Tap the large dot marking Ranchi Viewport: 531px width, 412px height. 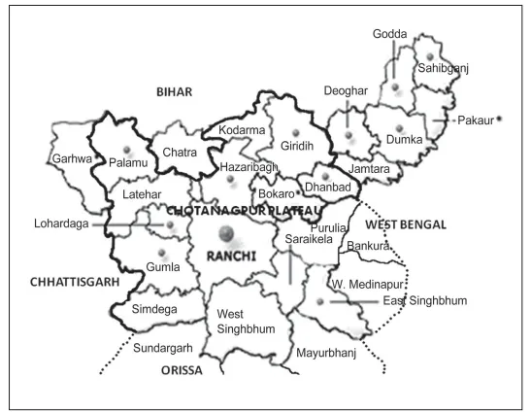tap(226, 233)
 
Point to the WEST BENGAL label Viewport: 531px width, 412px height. tap(405, 224)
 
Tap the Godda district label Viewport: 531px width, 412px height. tap(390, 35)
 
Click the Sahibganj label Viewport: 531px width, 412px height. tap(443, 69)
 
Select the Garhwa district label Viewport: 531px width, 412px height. tap(72, 157)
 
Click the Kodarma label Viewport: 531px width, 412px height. tap(243, 130)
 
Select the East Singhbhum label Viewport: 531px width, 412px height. tap(424, 302)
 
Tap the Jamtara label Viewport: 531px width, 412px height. tap(370, 169)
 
